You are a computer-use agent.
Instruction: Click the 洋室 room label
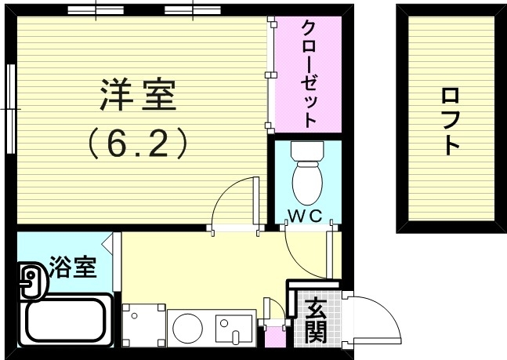tap(139, 96)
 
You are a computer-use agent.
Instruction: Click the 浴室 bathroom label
tap(73, 268)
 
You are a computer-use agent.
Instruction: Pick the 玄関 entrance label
tap(316, 320)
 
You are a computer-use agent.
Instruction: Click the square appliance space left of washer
tap(142, 324)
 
